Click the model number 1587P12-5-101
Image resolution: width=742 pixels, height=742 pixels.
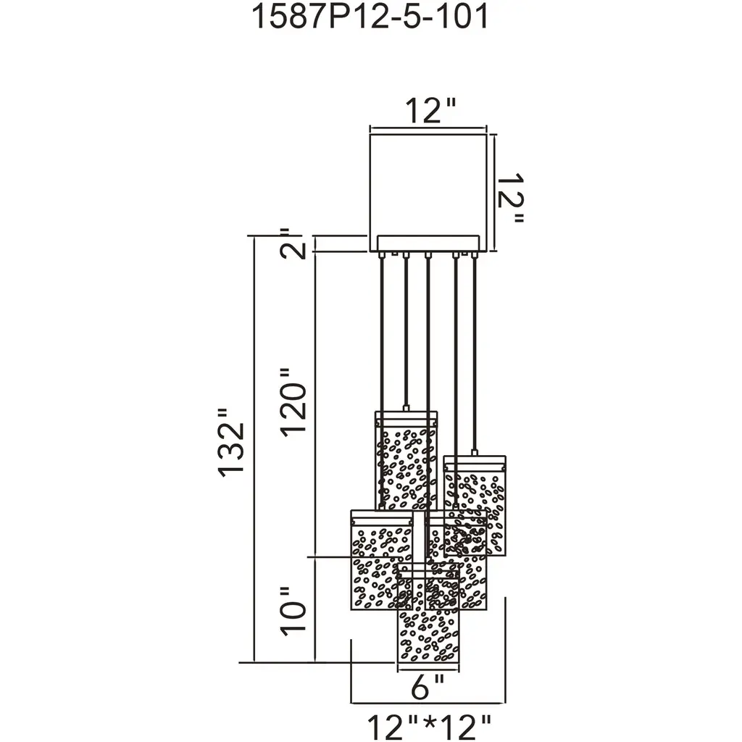point(370,17)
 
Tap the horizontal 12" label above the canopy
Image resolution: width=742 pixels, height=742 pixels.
point(430,111)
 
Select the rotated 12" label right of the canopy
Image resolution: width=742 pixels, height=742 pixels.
point(511,199)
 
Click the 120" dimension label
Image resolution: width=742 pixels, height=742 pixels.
point(294,402)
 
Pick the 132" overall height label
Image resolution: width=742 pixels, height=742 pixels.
point(231,443)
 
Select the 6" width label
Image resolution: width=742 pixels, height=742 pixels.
point(428,687)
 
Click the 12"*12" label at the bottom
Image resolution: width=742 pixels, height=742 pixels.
point(429,727)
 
